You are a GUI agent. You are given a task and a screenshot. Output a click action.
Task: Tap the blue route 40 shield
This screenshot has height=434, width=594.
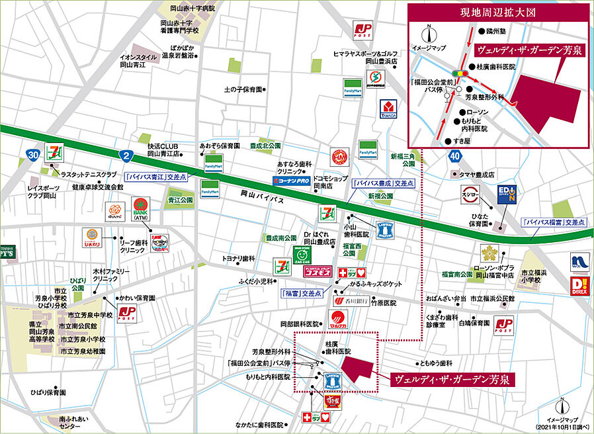click(x=453, y=156)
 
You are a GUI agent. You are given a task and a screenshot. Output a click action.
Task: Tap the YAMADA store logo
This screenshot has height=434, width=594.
click(x=388, y=110)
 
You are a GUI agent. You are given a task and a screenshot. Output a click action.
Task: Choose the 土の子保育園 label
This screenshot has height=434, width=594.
click(x=243, y=89)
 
